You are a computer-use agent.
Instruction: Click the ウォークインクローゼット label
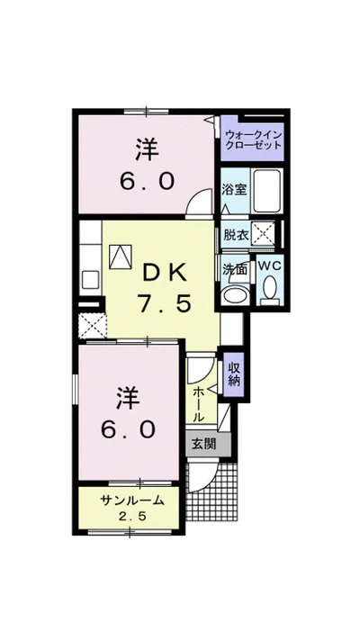pyautogui.click(x=253, y=140)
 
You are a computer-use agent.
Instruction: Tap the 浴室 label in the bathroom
pyautogui.click(x=234, y=189)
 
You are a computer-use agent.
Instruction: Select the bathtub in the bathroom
pyautogui.click(x=266, y=191)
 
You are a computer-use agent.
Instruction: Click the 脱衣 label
pyautogui.click(x=236, y=236)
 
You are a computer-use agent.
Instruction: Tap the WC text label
pyautogui.click(x=270, y=266)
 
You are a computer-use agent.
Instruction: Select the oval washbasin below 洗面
pyautogui.click(x=236, y=293)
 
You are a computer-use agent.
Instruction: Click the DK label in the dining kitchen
pyautogui.click(x=164, y=274)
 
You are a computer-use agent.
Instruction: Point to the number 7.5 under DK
pyautogui.click(x=164, y=303)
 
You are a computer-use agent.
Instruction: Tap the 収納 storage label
pyautogui.click(x=233, y=374)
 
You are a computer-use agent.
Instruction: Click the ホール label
pyautogui.click(x=198, y=405)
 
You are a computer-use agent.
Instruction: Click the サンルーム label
pyautogui.click(x=132, y=500)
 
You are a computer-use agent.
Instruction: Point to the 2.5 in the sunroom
pyautogui.click(x=132, y=517)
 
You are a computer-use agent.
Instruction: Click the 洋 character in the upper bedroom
pyautogui.click(x=147, y=149)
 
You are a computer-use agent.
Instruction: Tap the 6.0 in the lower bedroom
pyautogui.click(x=128, y=429)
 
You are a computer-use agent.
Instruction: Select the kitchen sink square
pyautogui.click(x=91, y=280)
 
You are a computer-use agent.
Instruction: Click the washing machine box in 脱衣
pyautogui.click(x=264, y=234)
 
